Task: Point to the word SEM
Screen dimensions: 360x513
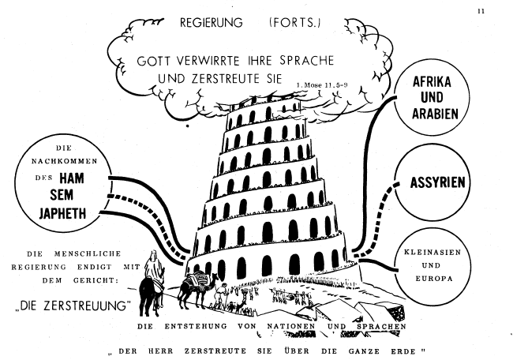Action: pyautogui.click(x=69, y=195)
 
